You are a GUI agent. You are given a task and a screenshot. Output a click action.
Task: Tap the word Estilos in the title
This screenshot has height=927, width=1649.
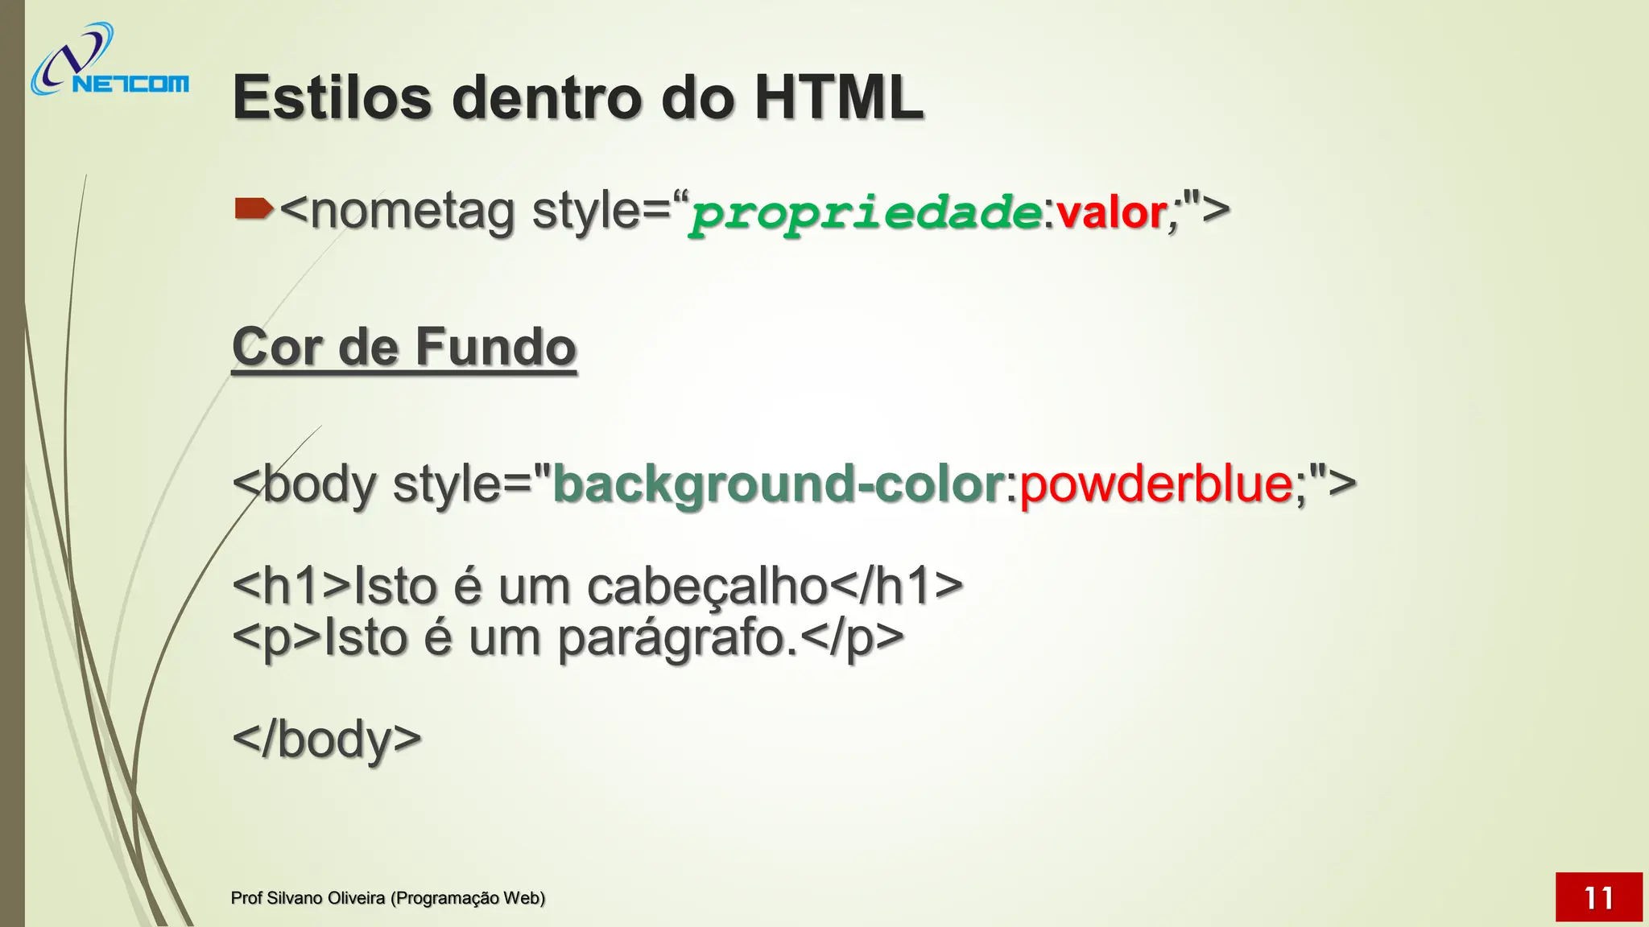(x=332, y=97)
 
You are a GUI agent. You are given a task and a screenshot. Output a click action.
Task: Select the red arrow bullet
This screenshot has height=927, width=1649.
(x=253, y=210)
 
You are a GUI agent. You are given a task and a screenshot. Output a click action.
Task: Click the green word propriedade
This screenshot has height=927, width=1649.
(x=866, y=213)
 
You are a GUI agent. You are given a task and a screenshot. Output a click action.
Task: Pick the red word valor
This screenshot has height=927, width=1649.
(x=1112, y=213)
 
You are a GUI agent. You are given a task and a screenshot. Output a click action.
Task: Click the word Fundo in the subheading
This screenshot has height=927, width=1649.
(x=495, y=347)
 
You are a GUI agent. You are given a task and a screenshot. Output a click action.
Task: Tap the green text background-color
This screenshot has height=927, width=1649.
(x=778, y=484)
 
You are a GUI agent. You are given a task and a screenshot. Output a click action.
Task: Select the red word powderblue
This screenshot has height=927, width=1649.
(x=1155, y=484)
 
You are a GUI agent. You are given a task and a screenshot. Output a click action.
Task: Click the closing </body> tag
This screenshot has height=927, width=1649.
(x=326, y=738)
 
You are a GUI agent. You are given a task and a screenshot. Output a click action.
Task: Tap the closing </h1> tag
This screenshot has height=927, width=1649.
(x=895, y=586)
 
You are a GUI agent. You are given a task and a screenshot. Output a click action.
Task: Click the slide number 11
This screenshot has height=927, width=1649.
(x=1598, y=897)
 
